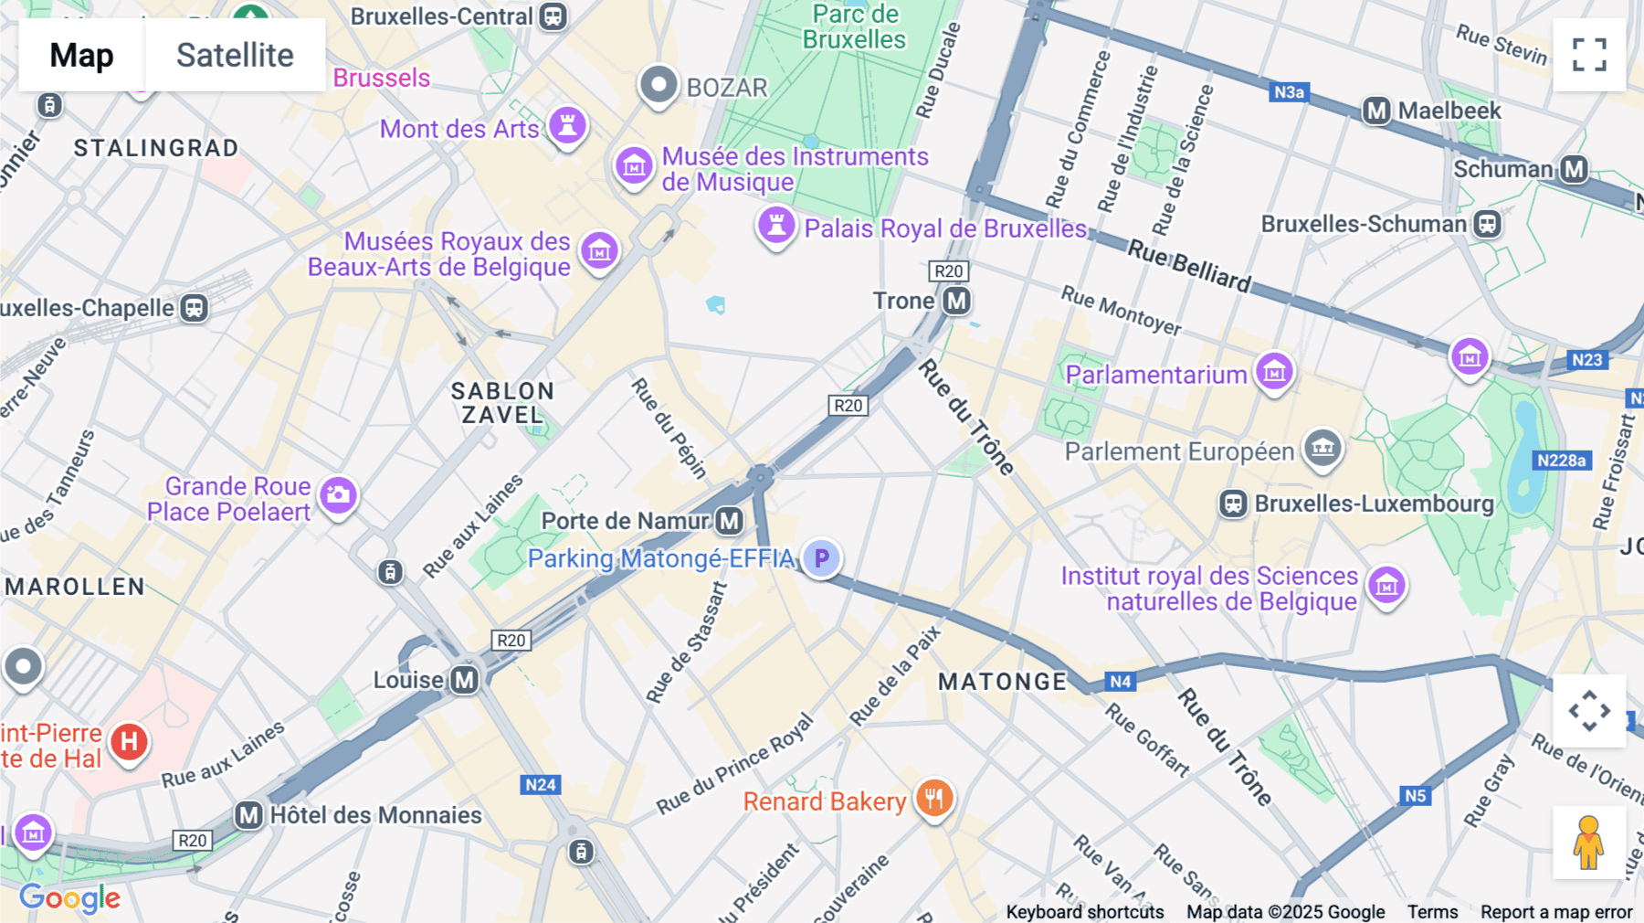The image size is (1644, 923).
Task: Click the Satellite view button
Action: (x=235, y=55)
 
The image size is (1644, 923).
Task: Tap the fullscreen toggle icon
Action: (x=1589, y=55)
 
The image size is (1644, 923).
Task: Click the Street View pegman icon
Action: (x=1589, y=843)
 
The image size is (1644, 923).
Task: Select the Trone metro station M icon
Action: (x=956, y=301)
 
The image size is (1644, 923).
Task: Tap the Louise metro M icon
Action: (x=465, y=680)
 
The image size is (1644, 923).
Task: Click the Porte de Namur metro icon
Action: (x=729, y=521)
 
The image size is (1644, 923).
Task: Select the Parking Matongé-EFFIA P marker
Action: (x=822, y=557)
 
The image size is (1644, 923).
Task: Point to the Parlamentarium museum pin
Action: (x=1274, y=371)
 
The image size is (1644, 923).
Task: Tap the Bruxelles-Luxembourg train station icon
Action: (x=1233, y=504)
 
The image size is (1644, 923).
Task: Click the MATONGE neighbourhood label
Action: (x=1002, y=682)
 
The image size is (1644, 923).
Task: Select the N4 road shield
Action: (x=1121, y=681)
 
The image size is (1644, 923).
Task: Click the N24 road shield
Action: (x=541, y=784)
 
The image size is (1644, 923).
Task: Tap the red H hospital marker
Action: (x=129, y=742)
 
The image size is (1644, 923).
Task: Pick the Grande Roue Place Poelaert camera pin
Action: (x=338, y=494)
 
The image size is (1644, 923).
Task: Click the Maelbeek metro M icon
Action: (x=1376, y=111)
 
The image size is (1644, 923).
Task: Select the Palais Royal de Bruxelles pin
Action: (x=776, y=224)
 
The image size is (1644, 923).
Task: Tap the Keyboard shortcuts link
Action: (x=1084, y=912)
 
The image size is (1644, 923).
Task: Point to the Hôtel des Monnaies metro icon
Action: (x=248, y=815)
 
